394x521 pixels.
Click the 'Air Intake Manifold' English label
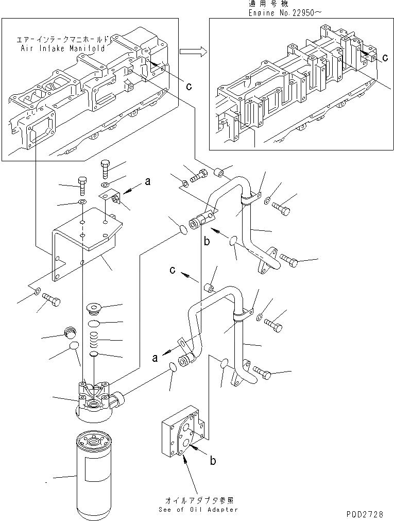pyautogui.click(x=63, y=48)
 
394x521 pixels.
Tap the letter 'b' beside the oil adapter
pyautogui.click(x=212, y=461)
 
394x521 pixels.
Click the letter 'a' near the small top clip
pyautogui.click(x=148, y=181)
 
